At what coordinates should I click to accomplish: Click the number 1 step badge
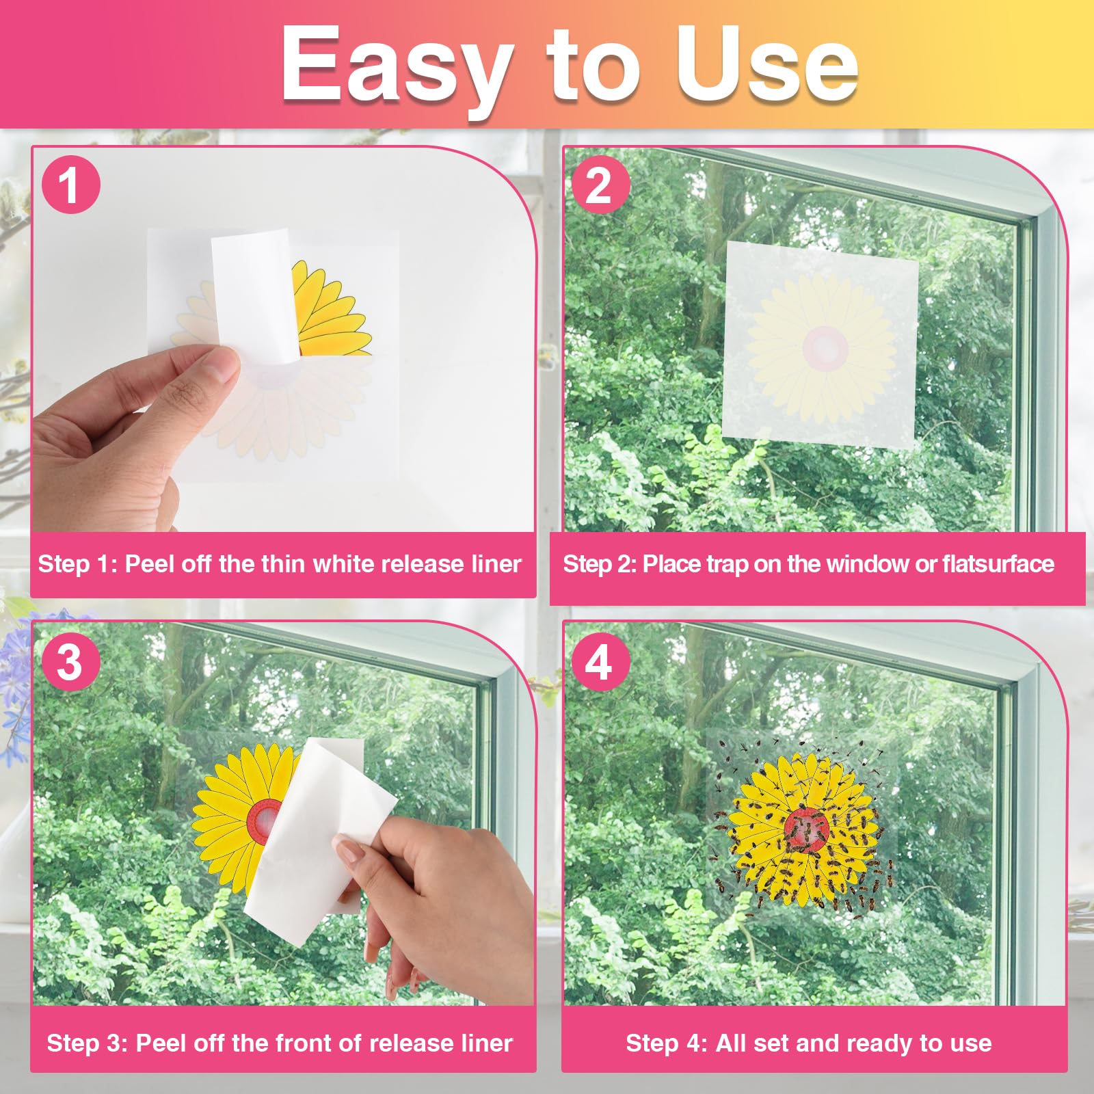(x=71, y=185)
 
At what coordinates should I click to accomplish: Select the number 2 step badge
(x=600, y=185)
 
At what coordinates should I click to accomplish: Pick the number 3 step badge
(x=71, y=662)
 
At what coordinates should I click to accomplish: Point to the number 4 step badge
(x=600, y=662)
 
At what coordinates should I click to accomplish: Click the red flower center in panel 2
(x=825, y=347)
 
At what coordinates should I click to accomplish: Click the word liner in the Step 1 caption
(x=496, y=563)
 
